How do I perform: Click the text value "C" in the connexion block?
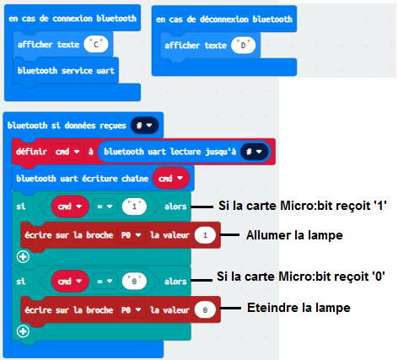96,45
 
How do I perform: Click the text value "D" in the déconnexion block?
243,46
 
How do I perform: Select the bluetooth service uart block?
66,71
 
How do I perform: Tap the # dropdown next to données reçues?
144,126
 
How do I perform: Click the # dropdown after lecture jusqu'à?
254,152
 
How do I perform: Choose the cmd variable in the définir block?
67,152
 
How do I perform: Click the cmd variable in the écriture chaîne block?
171,178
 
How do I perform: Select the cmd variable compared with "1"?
70,207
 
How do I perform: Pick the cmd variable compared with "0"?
70,282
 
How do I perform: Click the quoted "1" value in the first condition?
134,207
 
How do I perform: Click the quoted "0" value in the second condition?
134,282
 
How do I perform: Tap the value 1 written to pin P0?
205,235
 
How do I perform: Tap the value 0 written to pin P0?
205,310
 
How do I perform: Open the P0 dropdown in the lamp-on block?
132,235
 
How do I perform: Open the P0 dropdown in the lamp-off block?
132,310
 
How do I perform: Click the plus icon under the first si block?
23,256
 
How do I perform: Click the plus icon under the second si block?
23,331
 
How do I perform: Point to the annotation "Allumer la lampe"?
294,235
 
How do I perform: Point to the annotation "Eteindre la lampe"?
298,308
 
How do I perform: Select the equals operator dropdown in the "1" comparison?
105,207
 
